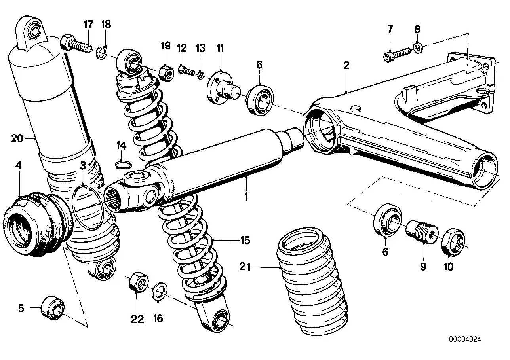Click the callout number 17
coord(88,24)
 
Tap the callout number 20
coord(17,138)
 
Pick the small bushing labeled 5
coord(53,307)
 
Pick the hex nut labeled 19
coord(165,72)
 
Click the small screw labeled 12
coord(185,71)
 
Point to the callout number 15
coord(245,240)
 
